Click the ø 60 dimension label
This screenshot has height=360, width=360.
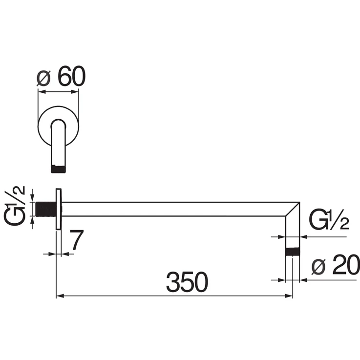[61, 76]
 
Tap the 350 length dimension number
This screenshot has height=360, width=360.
[187, 282]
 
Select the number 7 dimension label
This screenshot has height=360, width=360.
[77, 240]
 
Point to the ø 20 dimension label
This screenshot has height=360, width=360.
[336, 264]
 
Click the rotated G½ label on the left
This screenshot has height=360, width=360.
[15, 206]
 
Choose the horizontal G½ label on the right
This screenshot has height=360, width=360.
[329, 219]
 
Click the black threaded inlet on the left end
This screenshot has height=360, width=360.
[46, 209]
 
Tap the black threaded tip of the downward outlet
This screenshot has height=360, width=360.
[293, 252]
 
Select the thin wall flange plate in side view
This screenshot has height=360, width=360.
[59, 209]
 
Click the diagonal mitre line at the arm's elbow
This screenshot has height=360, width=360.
[293, 209]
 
